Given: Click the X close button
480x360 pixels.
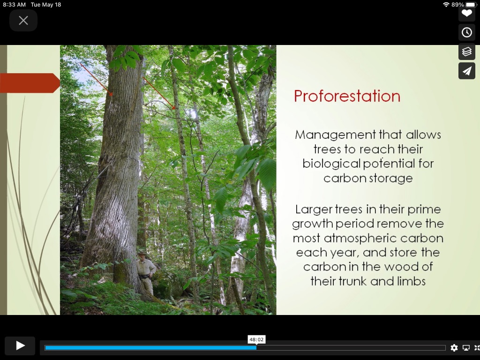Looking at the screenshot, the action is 23,21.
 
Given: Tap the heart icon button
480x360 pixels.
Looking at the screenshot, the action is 466,13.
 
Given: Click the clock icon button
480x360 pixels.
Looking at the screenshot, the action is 466,32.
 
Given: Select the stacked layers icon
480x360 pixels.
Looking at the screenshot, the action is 466,52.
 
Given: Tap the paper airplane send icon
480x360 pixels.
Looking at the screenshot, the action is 466,71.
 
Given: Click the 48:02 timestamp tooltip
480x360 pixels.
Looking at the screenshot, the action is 256,339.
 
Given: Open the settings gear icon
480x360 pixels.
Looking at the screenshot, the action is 454,347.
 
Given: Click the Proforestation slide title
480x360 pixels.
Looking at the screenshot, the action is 347,96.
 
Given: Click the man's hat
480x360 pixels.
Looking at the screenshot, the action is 142,253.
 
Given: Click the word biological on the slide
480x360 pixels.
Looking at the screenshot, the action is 331,164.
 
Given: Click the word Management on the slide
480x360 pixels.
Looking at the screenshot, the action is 335,135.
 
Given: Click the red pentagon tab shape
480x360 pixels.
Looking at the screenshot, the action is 30,83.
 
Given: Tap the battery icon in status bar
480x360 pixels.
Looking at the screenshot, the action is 472,5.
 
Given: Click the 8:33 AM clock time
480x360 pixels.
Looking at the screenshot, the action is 15,5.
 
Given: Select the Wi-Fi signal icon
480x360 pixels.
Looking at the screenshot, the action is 446,5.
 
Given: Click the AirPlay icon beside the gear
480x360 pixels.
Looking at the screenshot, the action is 466,347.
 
